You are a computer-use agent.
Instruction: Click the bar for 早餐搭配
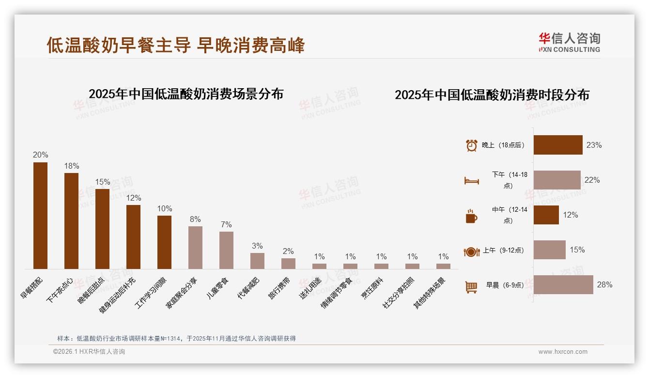pyautogui.click(x=40, y=215)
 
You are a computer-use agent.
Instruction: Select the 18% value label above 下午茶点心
pyautogui.click(x=71, y=166)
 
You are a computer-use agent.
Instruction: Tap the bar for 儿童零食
pyautogui.click(x=226, y=250)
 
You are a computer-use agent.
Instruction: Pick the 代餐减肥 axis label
pyautogui.click(x=248, y=288)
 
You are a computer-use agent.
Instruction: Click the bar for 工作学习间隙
pyautogui.click(x=164, y=242)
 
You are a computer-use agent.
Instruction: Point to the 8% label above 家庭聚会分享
pyautogui.click(x=195, y=219)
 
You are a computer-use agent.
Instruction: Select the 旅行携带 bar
pyautogui.click(x=288, y=263)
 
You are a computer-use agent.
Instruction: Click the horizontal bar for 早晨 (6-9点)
pyautogui.click(x=563, y=284)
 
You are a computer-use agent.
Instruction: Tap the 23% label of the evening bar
pyautogui.click(x=594, y=145)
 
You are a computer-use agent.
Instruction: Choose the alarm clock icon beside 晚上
pyautogui.click(x=471, y=145)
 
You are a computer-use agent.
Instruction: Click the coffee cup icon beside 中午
pyautogui.click(x=471, y=216)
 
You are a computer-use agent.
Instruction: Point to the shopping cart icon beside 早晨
pyautogui.click(x=471, y=287)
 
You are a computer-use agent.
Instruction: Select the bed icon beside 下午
pyautogui.click(x=471, y=181)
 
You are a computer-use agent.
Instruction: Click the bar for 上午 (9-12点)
pyautogui.click(x=549, y=250)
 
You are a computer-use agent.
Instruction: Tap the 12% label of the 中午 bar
pyautogui.click(x=570, y=215)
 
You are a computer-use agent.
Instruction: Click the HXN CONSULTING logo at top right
pyautogui.click(x=569, y=42)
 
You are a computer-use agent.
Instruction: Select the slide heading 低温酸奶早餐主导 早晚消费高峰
pyautogui.click(x=176, y=45)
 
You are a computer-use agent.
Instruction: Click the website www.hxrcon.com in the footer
pyautogui.click(x=563, y=352)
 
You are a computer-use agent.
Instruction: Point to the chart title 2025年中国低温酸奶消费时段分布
pyautogui.click(x=492, y=94)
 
